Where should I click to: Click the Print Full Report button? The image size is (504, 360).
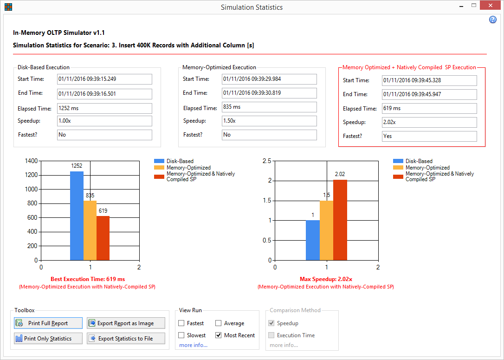(48, 323)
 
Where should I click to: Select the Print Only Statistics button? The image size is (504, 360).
(48, 339)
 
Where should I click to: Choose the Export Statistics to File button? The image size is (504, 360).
(126, 339)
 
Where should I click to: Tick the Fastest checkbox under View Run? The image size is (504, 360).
(181, 323)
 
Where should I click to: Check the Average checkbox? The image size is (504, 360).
(219, 323)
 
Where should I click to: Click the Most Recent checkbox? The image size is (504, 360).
(219, 335)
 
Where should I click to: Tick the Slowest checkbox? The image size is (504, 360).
(181, 335)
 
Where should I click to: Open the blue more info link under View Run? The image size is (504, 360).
(193, 345)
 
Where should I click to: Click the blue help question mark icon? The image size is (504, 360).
(493, 20)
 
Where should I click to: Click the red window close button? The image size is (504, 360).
(490, 5)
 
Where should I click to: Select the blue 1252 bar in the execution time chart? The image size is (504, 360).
(77, 216)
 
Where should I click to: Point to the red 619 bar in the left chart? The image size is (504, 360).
(103, 238)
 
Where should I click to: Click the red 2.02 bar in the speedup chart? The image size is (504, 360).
(340, 220)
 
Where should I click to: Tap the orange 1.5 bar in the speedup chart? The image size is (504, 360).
(327, 230)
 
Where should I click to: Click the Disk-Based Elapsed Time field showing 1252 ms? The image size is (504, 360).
(104, 108)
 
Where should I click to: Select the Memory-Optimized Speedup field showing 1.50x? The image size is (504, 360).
(269, 121)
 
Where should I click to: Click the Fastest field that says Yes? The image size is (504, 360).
(429, 136)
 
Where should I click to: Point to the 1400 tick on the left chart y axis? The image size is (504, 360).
(32, 161)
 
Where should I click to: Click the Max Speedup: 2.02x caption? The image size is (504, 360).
(326, 279)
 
